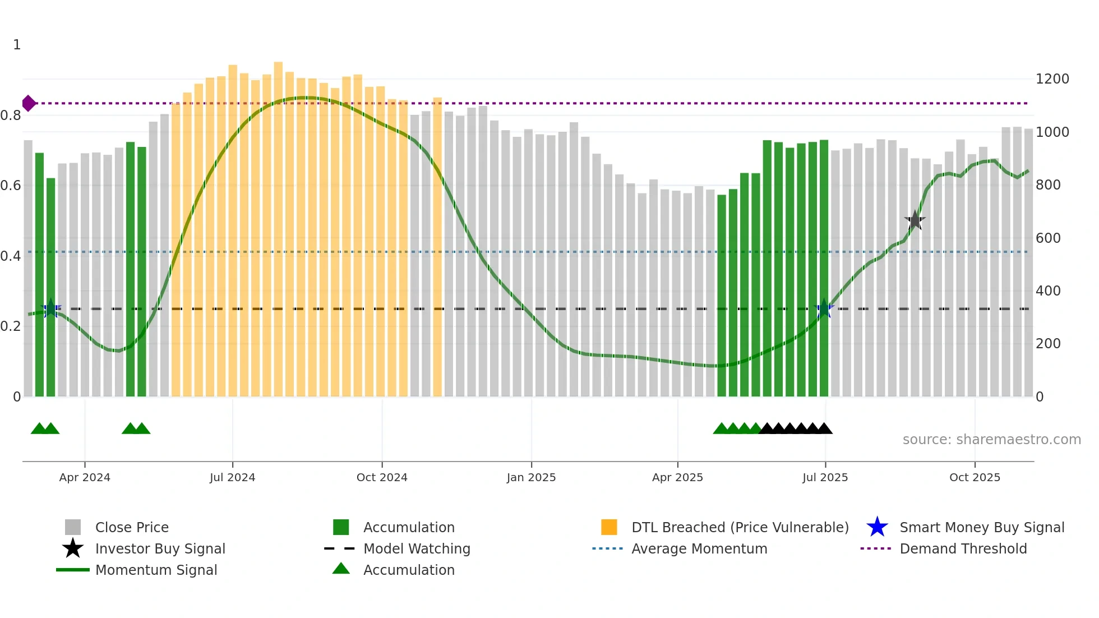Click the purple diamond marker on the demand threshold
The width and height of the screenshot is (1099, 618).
click(x=29, y=103)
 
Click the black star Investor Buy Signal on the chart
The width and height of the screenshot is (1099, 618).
click(x=915, y=220)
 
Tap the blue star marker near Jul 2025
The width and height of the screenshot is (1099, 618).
click(x=824, y=309)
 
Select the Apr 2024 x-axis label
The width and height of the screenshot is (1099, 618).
click(x=85, y=477)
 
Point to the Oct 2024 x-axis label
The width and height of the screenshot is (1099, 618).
click(x=382, y=477)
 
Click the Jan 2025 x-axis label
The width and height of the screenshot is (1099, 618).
click(x=531, y=477)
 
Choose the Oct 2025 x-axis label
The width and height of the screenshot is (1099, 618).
click(x=975, y=477)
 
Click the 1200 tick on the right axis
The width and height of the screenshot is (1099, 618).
click(x=1052, y=79)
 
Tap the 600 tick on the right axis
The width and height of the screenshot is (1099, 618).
click(x=1048, y=238)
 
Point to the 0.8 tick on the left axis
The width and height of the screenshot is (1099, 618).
click(x=11, y=116)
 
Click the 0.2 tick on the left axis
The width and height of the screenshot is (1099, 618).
click(x=11, y=326)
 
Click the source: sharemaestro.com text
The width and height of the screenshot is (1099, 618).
click(x=991, y=440)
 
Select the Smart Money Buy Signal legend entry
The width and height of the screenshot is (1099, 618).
click(x=981, y=528)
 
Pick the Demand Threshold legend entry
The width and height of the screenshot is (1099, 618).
click(x=963, y=549)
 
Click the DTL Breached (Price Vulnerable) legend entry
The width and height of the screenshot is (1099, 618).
click(x=740, y=528)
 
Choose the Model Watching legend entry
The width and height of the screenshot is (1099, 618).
click(x=416, y=549)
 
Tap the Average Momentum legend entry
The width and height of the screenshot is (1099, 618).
click(x=699, y=549)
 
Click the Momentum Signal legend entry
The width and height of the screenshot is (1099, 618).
click(x=156, y=570)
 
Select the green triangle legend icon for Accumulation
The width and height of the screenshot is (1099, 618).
click(x=341, y=569)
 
